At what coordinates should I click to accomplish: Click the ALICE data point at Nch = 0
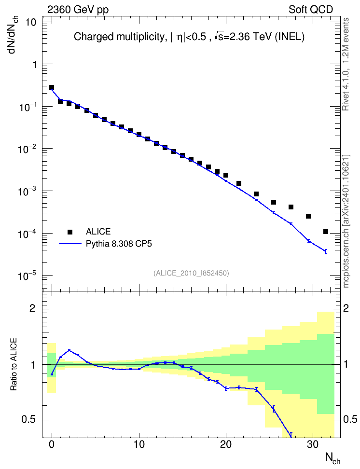[52, 87]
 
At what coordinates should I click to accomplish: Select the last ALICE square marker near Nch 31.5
[326, 232]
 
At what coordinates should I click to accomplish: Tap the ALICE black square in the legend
[70, 232]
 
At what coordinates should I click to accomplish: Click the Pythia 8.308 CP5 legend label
[119, 244]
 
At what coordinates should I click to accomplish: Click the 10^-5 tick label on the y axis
[26, 275]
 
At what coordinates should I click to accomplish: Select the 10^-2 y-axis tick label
[26, 148]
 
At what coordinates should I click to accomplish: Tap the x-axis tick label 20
[226, 444]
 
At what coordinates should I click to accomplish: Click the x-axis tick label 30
[313, 444]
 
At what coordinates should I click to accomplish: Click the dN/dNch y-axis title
[13, 34]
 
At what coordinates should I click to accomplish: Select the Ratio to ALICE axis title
[14, 364]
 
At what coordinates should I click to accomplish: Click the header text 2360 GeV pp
[78, 10]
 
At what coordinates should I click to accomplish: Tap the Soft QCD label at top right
[311, 10]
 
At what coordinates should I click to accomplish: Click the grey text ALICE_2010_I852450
[191, 273]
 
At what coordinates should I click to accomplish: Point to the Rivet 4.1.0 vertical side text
[346, 64]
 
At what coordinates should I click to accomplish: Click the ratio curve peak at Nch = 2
[69, 350]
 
